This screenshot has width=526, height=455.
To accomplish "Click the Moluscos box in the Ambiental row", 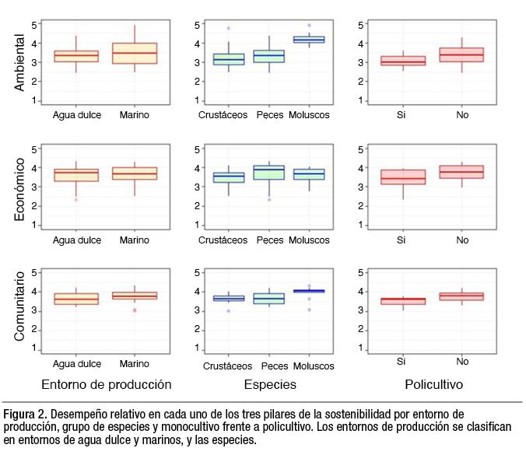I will click(x=309, y=39).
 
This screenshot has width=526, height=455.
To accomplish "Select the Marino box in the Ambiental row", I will click(x=135, y=53).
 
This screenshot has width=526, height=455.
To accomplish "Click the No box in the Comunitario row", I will click(x=462, y=296).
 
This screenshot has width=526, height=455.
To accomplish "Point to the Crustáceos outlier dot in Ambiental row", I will click(x=230, y=29).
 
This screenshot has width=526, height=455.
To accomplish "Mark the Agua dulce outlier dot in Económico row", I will click(x=75, y=200).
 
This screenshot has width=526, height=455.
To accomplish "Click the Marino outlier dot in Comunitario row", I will click(x=135, y=310).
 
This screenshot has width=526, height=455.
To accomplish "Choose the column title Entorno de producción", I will click(x=106, y=385).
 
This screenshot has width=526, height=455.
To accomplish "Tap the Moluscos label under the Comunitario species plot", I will click(x=309, y=366).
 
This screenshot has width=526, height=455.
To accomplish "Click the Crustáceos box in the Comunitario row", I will click(x=230, y=299).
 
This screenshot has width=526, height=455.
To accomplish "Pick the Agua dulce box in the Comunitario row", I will click(x=75, y=299).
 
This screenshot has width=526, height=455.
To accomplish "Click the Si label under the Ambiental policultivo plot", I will click(x=402, y=115).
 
